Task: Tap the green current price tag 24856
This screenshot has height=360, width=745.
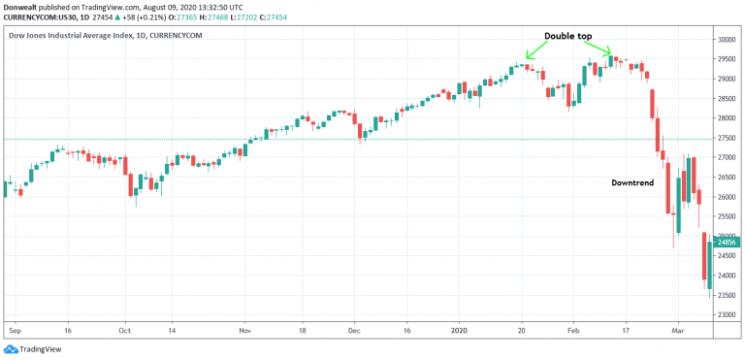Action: tap(729, 242)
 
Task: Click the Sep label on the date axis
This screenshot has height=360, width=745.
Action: tap(13, 330)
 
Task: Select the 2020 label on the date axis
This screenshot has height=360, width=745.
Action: tap(460, 330)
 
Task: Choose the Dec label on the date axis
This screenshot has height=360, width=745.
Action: tap(354, 330)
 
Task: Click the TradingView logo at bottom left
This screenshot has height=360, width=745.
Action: tap(29, 348)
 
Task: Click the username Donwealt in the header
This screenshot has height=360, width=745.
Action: tap(21, 6)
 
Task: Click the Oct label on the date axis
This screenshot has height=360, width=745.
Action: tap(124, 330)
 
